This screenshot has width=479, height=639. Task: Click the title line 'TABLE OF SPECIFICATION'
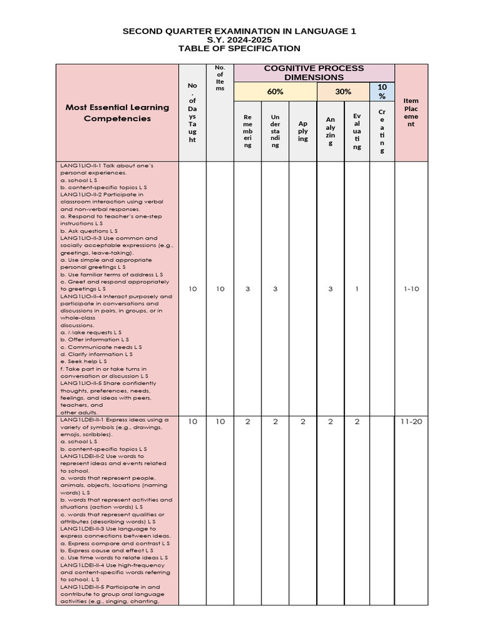pyautogui.click(x=239, y=49)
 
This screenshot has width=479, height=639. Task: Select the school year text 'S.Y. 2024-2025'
pyautogui.click(x=239, y=39)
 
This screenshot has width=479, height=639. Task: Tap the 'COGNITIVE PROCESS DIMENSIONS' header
pyautogui.click(x=314, y=72)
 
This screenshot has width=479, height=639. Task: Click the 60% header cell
pyautogui.click(x=275, y=92)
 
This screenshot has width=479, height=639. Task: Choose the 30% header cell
pyautogui.click(x=343, y=92)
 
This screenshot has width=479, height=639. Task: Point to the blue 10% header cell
pyautogui.click(x=382, y=92)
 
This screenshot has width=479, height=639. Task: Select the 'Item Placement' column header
pyautogui.click(x=411, y=112)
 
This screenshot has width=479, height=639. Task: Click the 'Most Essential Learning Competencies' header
pyautogui.click(x=117, y=112)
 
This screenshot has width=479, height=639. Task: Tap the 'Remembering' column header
pyautogui.click(x=248, y=130)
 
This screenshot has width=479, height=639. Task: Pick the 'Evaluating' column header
pyautogui.click(x=357, y=131)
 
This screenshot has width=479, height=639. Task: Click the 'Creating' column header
pyautogui.click(x=382, y=131)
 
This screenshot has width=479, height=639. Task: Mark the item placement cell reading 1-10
pyautogui.click(x=411, y=289)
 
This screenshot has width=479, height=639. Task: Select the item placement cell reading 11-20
pyautogui.click(x=411, y=422)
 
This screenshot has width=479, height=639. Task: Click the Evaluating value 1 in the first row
pyautogui.click(x=357, y=289)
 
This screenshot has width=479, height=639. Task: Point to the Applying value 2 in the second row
pyautogui.click(x=302, y=422)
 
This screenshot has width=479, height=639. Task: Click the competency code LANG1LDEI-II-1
pyautogui.click(x=81, y=420)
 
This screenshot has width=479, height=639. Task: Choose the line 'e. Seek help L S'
pyautogui.click(x=84, y=361)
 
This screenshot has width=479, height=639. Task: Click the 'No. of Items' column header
pyautogui.click(x=220, y=78)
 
